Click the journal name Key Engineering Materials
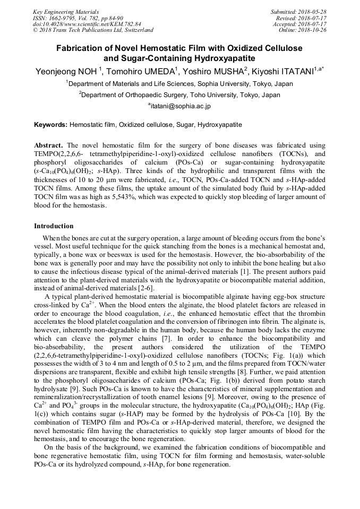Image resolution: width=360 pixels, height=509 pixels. [66, 11]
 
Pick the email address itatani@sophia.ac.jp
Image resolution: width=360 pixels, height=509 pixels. [180, 106]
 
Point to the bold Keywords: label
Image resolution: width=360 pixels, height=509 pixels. [51, 125]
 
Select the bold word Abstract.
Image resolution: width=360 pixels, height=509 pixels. [48, 145]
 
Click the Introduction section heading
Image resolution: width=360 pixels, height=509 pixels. [54, 226]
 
